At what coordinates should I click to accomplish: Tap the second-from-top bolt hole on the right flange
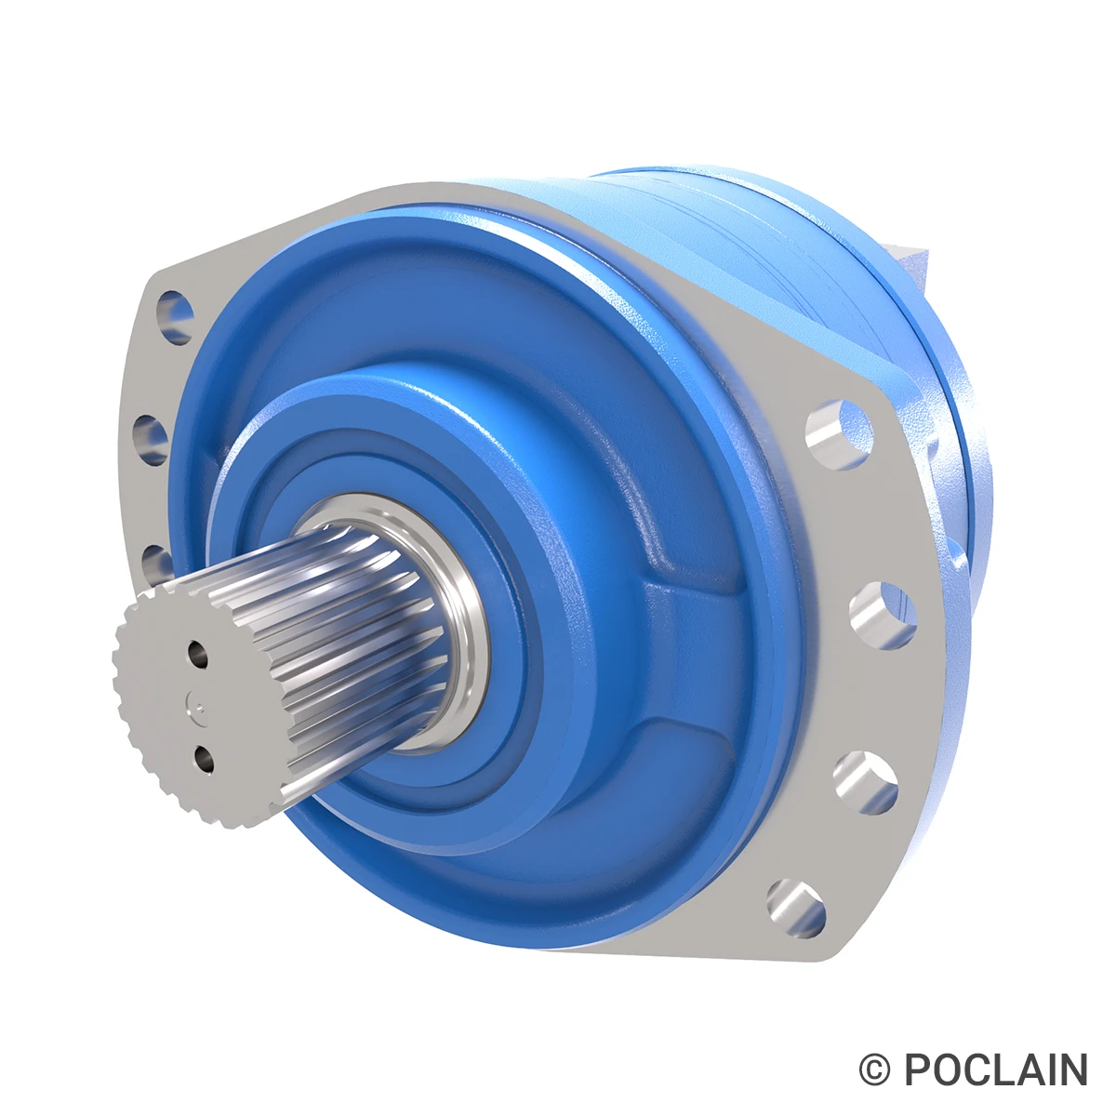click(882, 613)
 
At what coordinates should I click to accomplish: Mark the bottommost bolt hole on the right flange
click(797, 908)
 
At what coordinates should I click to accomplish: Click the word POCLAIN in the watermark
click(995, 1070)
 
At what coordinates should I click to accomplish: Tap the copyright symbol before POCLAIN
click(874, 1070)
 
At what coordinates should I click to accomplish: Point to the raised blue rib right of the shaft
click(679, 595)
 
